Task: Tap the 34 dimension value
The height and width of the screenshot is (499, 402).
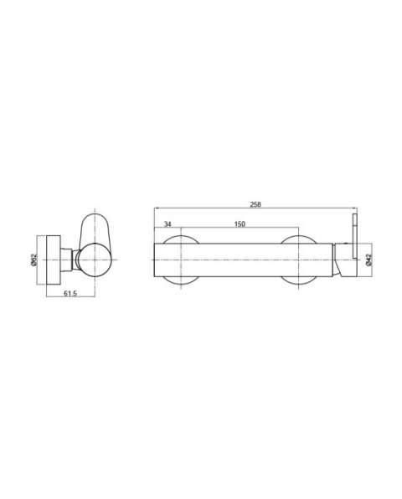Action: (168, 224)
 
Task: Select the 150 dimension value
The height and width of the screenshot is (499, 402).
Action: (240, 224)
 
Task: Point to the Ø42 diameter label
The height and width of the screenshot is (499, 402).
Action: (368, 261)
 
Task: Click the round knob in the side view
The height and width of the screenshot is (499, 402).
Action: (96, 261)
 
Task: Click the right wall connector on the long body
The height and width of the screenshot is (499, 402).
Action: (298, 261)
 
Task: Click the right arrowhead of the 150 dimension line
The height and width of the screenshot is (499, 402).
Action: (297, 229)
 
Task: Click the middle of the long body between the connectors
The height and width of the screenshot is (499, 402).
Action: (240, 261)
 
